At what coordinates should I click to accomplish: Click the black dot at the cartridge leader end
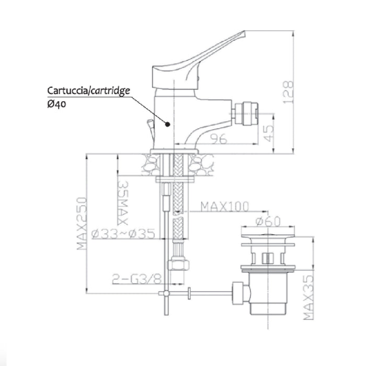[x=167, y=125]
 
